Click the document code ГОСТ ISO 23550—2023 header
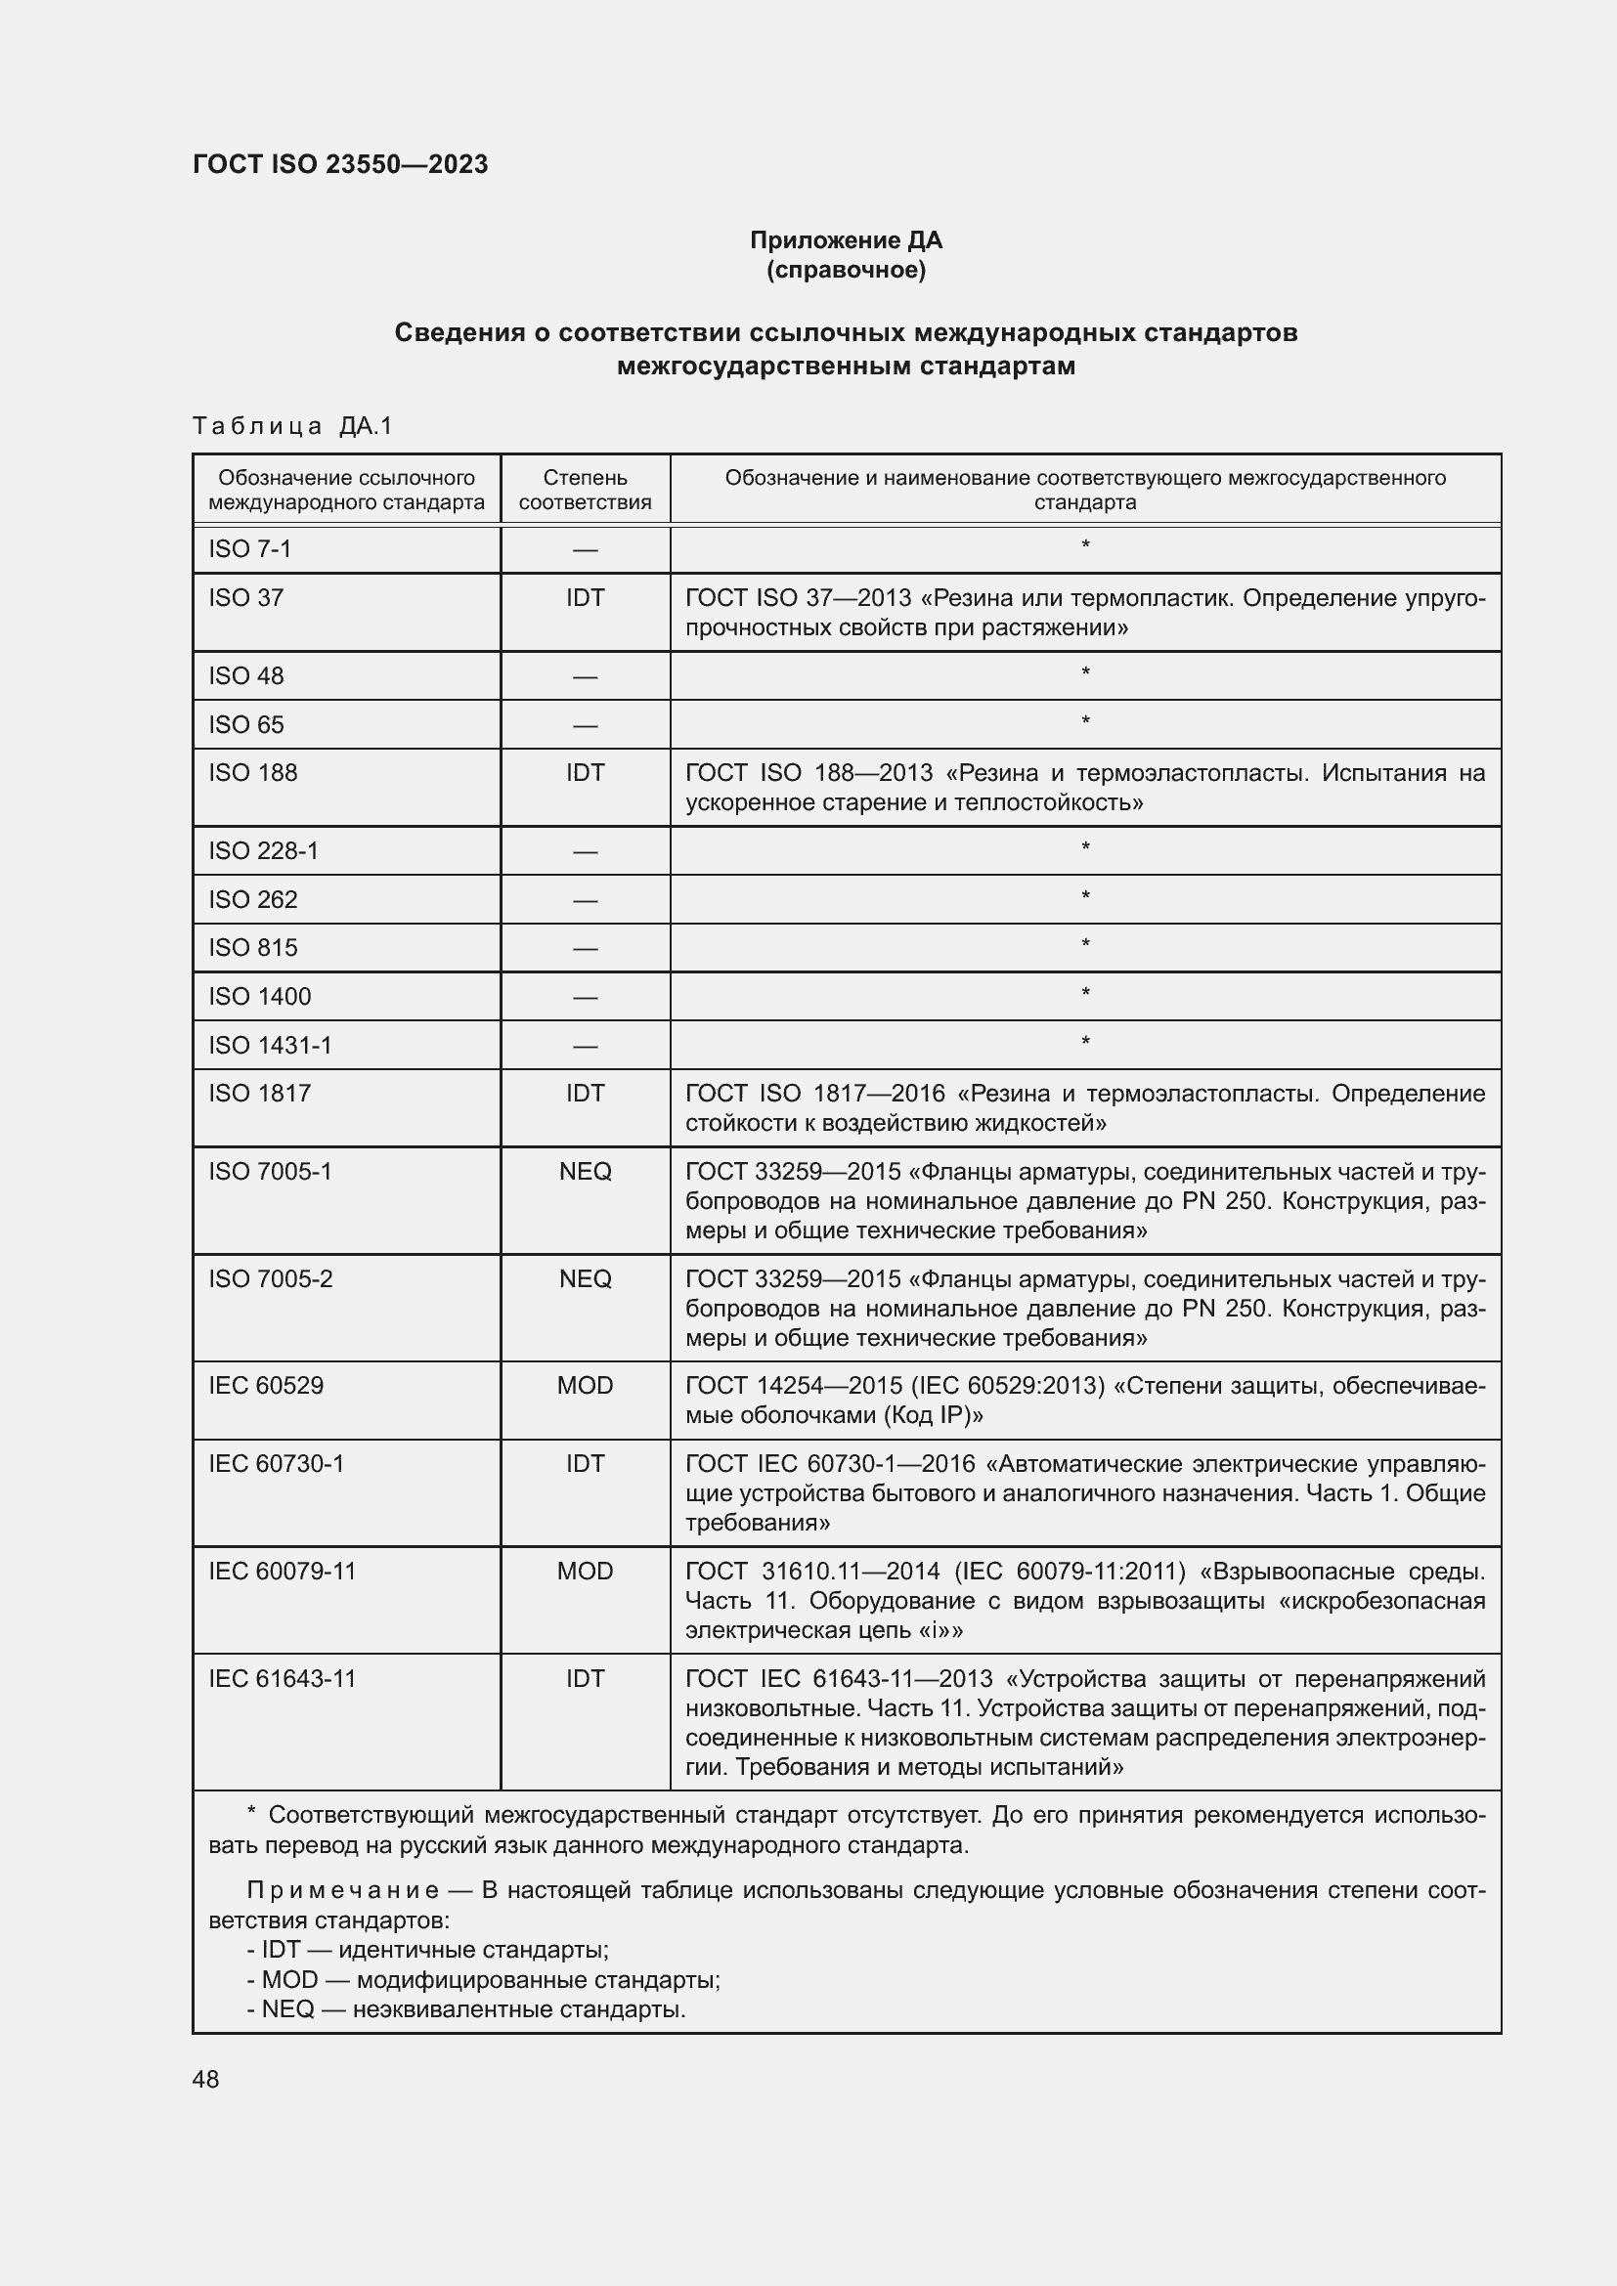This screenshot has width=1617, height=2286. [339, 164]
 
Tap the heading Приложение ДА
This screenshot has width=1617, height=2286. [846, 240]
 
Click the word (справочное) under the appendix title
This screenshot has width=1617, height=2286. [846, 270]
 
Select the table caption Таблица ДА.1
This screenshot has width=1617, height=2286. [292, 426]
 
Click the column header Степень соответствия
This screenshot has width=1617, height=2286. [585, 490]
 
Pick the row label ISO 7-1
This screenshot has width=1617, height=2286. [250, 548]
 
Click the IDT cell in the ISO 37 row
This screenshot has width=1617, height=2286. [585, 597]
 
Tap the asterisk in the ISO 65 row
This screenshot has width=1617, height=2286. [1085, 722]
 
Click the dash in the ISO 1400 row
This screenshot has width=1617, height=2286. [585, 997]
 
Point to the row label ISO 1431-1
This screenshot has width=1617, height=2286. [270, 1045]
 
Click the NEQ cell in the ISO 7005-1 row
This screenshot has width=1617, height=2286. [585, 1171]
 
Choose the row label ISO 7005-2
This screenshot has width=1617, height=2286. [270, 1278]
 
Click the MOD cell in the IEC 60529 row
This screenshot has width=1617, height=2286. [585, 1385]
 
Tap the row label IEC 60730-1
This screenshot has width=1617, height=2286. [276, 1463]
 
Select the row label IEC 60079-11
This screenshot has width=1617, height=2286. [282, 1571]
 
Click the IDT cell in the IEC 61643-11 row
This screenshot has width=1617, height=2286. [585, 1678]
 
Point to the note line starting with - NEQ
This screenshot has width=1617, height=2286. [466, 2008]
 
